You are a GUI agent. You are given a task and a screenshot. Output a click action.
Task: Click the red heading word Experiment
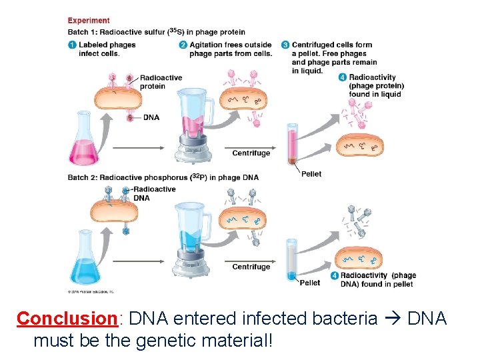click(89, 21)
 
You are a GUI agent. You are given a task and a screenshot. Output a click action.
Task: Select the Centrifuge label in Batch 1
click(251, 153)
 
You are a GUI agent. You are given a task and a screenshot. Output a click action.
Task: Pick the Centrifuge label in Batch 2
click(251, 267)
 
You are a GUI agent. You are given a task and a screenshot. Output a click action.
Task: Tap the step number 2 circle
click(183, 45)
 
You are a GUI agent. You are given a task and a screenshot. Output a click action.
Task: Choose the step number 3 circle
click(285, 45)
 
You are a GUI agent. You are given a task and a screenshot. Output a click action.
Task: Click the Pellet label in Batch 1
click(311, 174)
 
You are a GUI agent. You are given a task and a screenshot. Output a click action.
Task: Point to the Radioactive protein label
click(161, 82)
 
